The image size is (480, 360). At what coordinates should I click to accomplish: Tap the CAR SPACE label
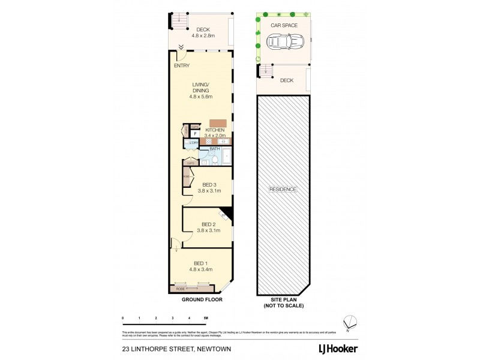284,26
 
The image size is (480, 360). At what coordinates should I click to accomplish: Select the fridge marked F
195,133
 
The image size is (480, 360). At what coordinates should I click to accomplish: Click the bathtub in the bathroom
226,157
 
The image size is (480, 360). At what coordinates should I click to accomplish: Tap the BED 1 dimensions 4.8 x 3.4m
201,269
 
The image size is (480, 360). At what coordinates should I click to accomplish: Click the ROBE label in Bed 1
180,289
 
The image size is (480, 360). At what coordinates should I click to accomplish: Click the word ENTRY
181,65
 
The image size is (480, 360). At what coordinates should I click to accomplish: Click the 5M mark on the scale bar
206,317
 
